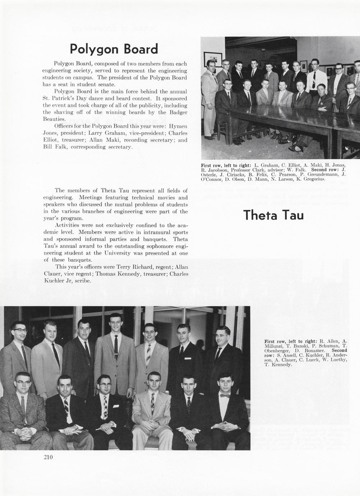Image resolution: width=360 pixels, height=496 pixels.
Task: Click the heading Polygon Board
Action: [x=114, y=49]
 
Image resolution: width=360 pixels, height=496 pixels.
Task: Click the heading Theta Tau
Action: [x=273, y=215]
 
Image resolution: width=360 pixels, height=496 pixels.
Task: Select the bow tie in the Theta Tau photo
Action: [x=225, y=396]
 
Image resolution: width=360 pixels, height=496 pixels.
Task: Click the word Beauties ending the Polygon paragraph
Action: [x=54, y=119]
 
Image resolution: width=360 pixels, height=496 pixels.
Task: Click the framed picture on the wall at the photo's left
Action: [x=210, y=59]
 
